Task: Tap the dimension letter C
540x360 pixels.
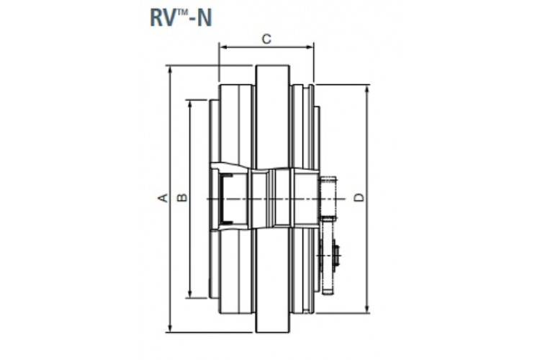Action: click(266, 40)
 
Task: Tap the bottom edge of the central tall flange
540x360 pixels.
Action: click(273, 333)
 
